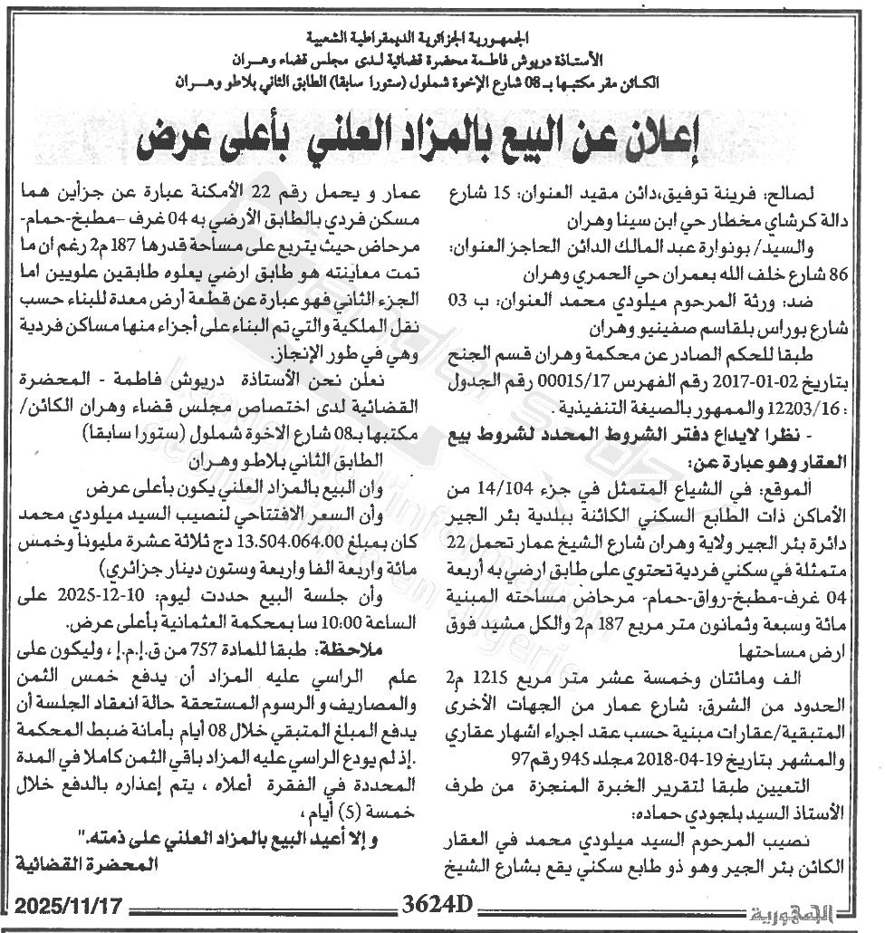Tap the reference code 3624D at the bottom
tap(438, 907)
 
